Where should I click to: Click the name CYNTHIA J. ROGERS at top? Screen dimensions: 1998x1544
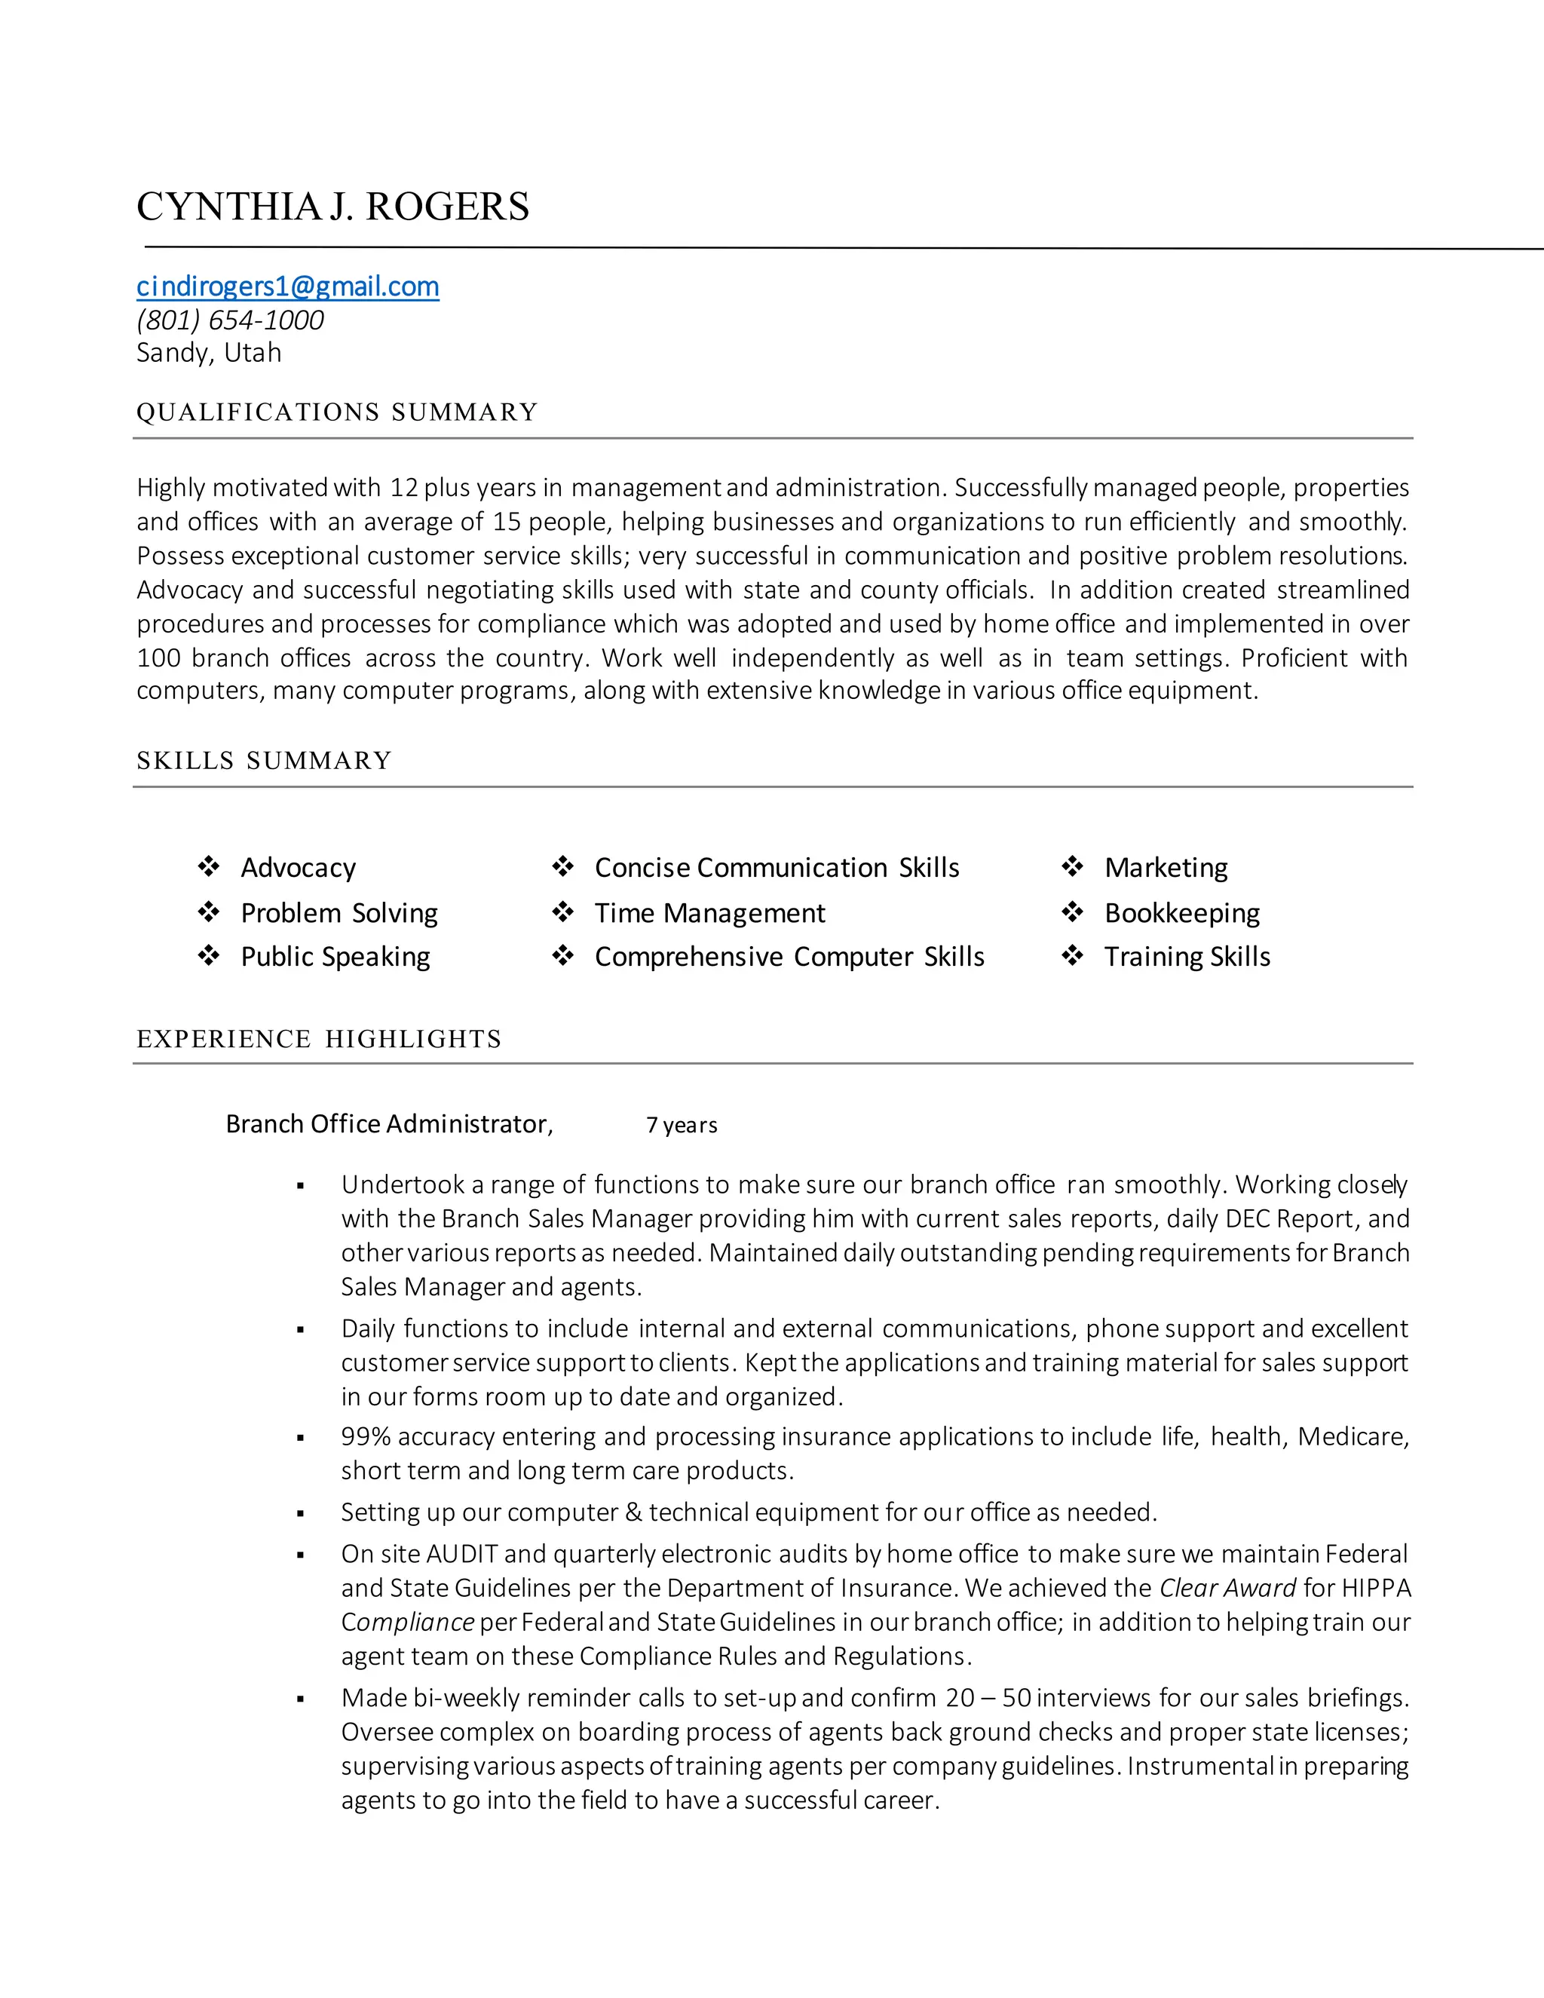click(x=333, y=207)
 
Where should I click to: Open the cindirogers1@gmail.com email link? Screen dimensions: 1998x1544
click(x=287, y=287)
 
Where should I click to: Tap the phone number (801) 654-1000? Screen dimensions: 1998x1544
click(x=230, y=320)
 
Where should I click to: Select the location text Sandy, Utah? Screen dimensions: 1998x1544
click(x=209, y=352)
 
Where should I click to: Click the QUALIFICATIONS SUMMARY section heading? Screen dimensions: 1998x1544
click(x=336, y=412)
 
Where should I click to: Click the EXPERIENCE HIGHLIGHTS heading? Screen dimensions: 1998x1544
click(x=318, y=1039)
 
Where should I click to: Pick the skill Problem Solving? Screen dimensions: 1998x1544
click(x=339, y=913)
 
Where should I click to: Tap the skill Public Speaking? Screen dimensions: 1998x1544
click(x=335, y=957)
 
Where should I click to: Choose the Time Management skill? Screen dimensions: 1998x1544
click(x=709, y=913)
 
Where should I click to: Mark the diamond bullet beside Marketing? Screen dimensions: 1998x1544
click(x=1072, y=866)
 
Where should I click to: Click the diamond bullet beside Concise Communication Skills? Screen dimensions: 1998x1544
click(x=562, y=866)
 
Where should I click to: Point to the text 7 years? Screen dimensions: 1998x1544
click(x=682, y=1125)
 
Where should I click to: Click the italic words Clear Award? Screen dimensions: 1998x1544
click(x=1227, y=1588)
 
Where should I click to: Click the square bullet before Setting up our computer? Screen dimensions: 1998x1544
click(x=300, y=1514)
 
